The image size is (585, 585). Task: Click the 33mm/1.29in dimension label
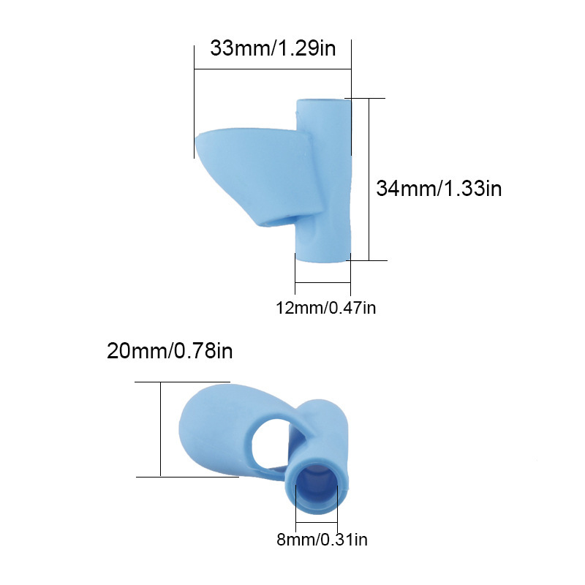click(273, 49)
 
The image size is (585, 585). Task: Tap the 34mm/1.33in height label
click(439, 188)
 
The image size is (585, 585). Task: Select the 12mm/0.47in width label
click(325, 308)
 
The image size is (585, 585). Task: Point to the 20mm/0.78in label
click(170, 351)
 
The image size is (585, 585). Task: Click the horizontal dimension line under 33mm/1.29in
click(273, 69)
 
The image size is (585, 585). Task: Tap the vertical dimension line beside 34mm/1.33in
click(369, 179)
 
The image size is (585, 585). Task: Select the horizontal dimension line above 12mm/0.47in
click(322, 283)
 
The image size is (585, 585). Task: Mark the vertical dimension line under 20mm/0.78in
click(160, 429)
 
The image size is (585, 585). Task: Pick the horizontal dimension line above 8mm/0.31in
click(317, 522)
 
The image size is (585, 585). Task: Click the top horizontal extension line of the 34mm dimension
click(366, 98)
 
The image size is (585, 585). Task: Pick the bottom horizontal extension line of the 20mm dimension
click(186, 477)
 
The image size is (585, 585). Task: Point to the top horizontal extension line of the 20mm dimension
click(183, 382)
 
